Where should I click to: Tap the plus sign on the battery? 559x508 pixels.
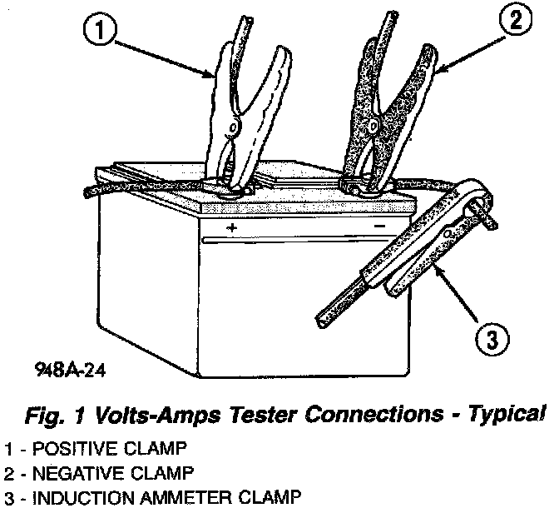(x=231, y=227)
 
